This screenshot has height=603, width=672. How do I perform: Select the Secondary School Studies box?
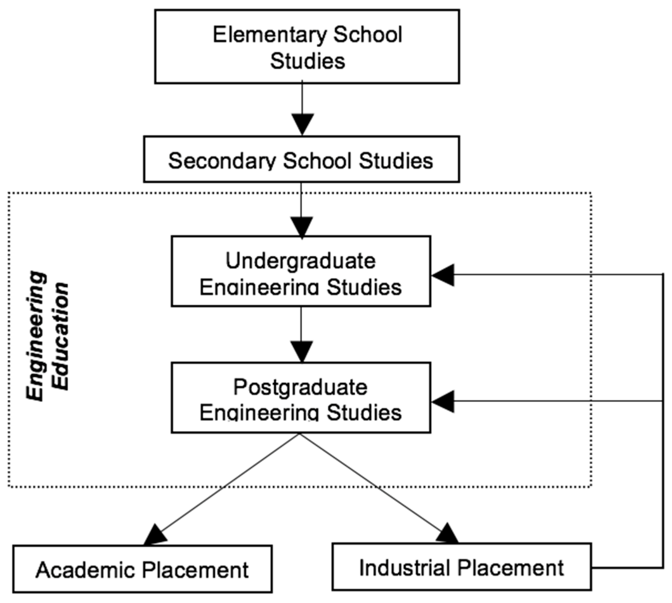tap(301, 160)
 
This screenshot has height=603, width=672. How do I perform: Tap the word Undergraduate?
tap(300, 261)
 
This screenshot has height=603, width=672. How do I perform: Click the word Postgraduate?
tap(300, 387)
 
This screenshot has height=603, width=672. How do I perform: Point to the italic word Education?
tap(62, 337)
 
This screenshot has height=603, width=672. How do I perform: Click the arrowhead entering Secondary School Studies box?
tap(302, 124)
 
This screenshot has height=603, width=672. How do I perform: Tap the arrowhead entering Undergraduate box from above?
tap(301, 227)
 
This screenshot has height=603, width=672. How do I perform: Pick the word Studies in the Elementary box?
tap(307, 61)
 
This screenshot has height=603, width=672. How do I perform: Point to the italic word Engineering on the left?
tap(36, 337)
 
